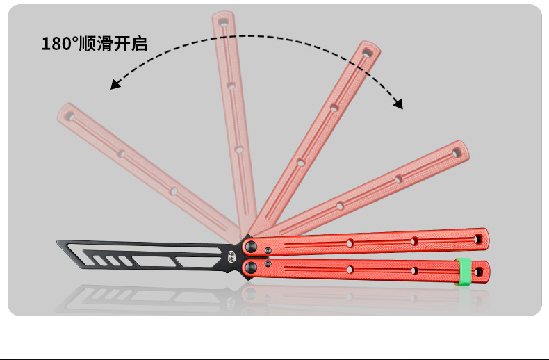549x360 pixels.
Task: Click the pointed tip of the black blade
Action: (58, 243)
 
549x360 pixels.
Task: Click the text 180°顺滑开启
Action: (95, 44)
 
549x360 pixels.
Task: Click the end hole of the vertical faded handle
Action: (223, 23)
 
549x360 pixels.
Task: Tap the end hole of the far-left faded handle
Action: (69, 114)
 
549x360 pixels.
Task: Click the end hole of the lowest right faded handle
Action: (457, 152)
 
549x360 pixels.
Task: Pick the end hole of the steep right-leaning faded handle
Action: (366, 53)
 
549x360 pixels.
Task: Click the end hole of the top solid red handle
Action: (478, 239)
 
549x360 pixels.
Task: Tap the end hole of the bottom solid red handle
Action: (477, 270)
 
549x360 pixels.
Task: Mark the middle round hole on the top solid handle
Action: (350, 243)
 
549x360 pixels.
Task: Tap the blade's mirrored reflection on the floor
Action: (139, 295)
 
